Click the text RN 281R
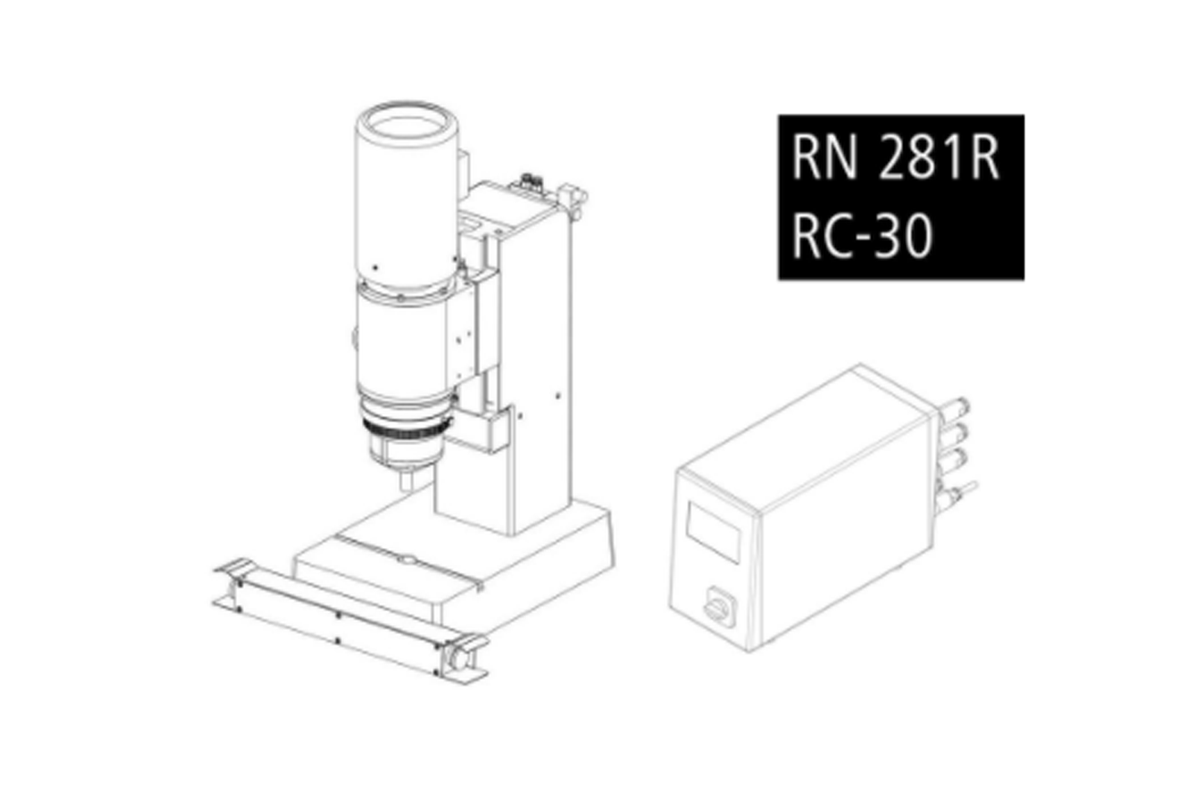coord(895,157)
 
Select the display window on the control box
coord(714,532)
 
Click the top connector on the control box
coord(955,409)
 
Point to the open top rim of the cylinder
coord(406,125)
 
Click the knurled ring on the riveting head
coord(406,429)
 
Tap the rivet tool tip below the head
coord(406,482)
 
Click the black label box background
coord(901,197)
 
